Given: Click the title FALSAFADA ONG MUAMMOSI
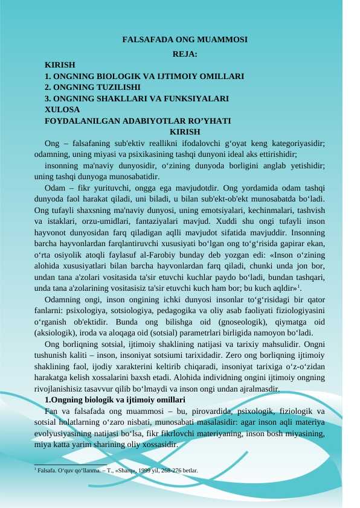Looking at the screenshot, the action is click(185, 40).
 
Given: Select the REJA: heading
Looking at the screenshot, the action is click(185, 54).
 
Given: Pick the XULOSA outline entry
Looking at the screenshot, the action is click(62, 109).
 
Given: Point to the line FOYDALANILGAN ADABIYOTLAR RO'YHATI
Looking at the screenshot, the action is click(138, 121).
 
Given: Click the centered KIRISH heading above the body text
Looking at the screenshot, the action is click(185, 132).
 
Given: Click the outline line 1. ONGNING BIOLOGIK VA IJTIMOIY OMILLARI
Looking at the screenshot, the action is click(144, 77).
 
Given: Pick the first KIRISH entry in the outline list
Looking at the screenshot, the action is click(60, 65).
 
